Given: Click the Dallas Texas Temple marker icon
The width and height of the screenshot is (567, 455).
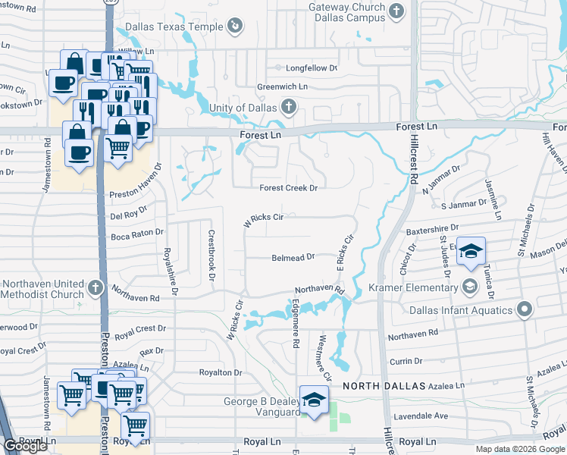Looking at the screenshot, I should pyautogui.click(x=236, y=27).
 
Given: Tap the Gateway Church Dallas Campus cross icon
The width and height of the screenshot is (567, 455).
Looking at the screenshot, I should pyautogui.click(x=396, y=11).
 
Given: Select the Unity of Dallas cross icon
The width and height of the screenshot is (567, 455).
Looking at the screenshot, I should pyautogui.click(x=288, y=107).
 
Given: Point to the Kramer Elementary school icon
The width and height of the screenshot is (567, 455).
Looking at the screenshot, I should pyautogui.click(x=469, y=287).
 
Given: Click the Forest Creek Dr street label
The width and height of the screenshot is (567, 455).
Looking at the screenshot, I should pyautogui.click(x=287, y=188).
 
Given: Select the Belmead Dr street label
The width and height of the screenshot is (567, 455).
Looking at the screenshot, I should pyautogui.click(x=293, y=258).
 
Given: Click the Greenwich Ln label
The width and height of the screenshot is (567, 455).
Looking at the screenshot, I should pyautogui.click(x=282, y=87).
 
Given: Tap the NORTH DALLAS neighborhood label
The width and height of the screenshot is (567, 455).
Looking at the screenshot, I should pyautogui.click(x=384, y=386).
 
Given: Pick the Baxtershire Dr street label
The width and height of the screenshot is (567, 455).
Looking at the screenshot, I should pyautogui.click(x=432, y=227).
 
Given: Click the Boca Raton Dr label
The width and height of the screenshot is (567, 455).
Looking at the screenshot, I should pyautogui.click(x=137, y=234).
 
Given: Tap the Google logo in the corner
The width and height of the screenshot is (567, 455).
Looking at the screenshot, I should pyautogui.click(x=25, y=447).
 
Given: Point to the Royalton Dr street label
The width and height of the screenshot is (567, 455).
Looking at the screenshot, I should pyautogui.click(x=220, y=373).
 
